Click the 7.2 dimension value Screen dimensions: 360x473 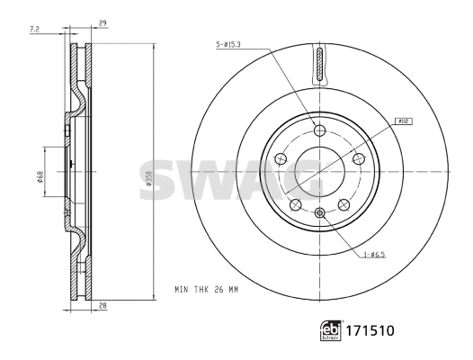click(x=35, y=31)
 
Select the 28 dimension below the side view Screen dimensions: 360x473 click(x=104, y=307)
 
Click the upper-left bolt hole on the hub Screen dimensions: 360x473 click(x=280, y=159)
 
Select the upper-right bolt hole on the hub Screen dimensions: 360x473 click(x=358, y=159)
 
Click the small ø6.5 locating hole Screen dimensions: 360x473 click(x=319, y=212)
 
